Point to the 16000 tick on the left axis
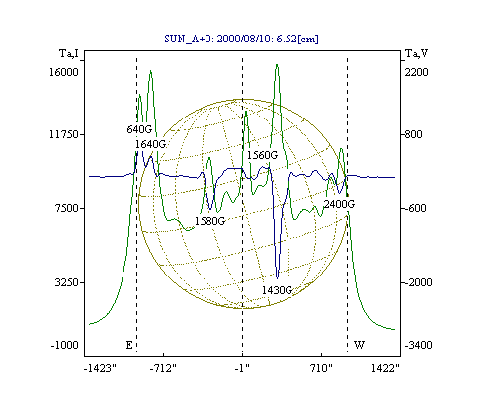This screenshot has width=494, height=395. (64, 72)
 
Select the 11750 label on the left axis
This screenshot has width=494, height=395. (64, 134)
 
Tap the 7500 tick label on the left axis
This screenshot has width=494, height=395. (67, 208)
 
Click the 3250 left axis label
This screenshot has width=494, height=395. (67, 282)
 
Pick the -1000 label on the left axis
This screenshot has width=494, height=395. (65, 345)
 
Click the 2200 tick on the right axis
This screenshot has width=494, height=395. (417, 72)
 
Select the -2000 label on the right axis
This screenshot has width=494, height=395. (418, 282)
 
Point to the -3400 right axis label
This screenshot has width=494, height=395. (418, 345)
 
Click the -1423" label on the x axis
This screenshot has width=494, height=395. (100, 369)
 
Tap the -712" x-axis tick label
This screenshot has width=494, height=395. (163, 369)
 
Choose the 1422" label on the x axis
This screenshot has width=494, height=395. (385, 369)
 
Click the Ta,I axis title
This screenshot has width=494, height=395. (69, 53)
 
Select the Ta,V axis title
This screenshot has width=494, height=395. (416, 53)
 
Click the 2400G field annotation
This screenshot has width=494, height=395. (339, 204)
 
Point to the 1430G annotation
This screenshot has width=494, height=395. (278, 290)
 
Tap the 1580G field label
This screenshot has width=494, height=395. (209, 221)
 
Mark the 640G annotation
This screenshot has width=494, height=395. (139, 129)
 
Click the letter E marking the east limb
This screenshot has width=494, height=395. (129, 345)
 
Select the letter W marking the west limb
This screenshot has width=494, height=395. (359, 345)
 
